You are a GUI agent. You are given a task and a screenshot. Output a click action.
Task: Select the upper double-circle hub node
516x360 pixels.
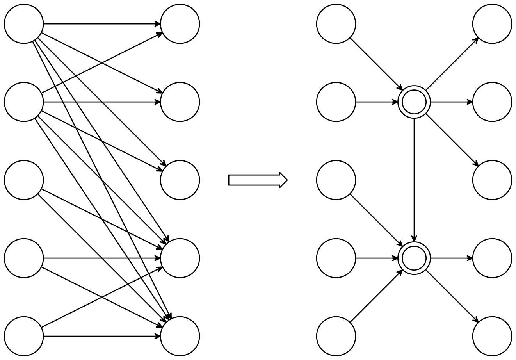[414, 102]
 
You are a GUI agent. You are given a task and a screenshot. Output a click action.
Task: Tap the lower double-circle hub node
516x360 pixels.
[414, 258]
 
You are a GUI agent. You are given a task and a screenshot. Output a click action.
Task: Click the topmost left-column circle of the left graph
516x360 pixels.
[24, 24]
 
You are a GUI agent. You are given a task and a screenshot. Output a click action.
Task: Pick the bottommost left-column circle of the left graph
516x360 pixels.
[24, 336]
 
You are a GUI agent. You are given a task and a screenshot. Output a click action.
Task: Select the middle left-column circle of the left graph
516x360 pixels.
[24, 180]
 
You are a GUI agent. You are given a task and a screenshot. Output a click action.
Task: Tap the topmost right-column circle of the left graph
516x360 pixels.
[180, 24]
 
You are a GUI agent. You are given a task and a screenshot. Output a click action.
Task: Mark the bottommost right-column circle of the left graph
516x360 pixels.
[180, 336]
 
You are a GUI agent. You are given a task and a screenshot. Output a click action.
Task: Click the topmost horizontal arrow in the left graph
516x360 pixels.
[101, 24]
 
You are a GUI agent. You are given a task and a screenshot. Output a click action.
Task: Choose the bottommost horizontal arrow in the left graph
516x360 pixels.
[101, 336]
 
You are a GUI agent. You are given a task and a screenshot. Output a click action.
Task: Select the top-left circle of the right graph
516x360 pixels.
[336, 24]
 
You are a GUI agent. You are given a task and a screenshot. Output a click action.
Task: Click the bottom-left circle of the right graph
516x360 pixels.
[336, 336]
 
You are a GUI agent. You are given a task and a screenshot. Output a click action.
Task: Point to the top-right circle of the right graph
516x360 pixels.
[492, 24]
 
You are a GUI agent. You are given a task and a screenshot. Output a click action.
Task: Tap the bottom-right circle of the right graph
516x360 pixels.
[492, 336]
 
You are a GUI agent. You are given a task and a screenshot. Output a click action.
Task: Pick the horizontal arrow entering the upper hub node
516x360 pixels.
[377, 102]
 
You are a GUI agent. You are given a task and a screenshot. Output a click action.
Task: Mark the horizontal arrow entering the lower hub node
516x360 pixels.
[377, 258]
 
